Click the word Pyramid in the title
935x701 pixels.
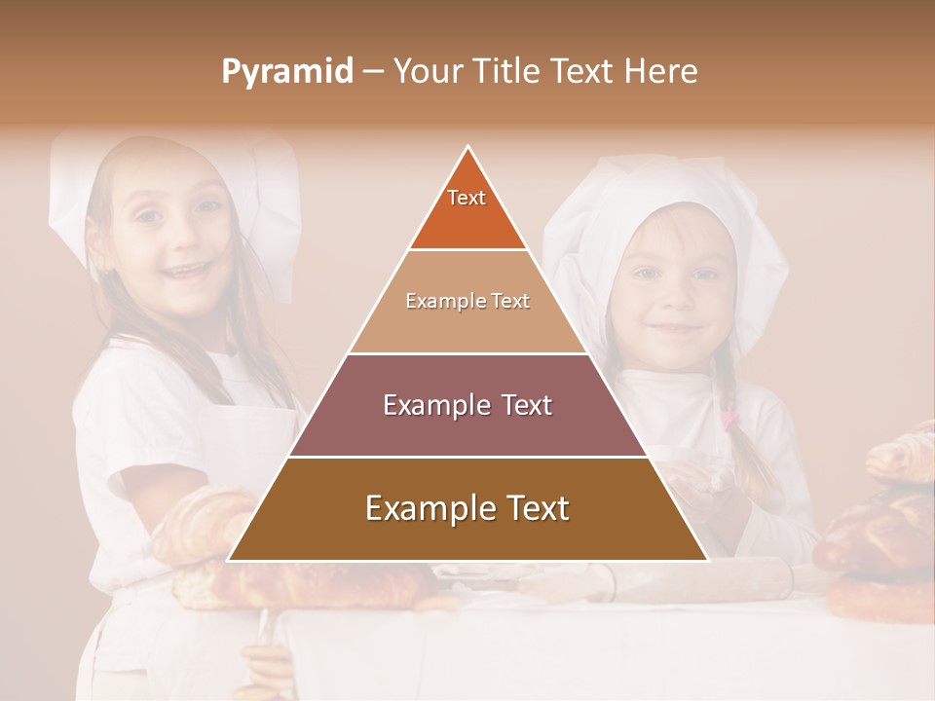(286, 72)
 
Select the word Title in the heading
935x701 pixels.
(508, 71)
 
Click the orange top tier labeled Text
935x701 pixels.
(467, 209)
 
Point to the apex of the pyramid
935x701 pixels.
(468, 148)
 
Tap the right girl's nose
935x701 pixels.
(675, 301)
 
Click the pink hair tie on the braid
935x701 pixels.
(729, 421)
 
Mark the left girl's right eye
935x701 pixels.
(148, 216)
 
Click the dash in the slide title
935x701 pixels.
(372, 72)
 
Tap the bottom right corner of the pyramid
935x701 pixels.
(707, 560)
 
